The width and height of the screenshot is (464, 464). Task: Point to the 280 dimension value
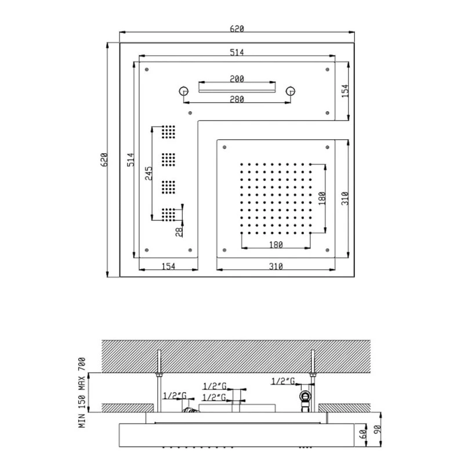tap(236, 99)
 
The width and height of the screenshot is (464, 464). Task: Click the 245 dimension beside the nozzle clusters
tap(149, 172)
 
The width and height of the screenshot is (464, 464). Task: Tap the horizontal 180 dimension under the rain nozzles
tap(275, 245)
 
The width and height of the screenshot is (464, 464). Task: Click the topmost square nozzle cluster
tap(169, 132)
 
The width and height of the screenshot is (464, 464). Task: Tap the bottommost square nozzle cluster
tap(169, 215)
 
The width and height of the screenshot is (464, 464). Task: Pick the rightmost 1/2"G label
tap(284, 381)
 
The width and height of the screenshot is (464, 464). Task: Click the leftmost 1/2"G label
tap(174, 396)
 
